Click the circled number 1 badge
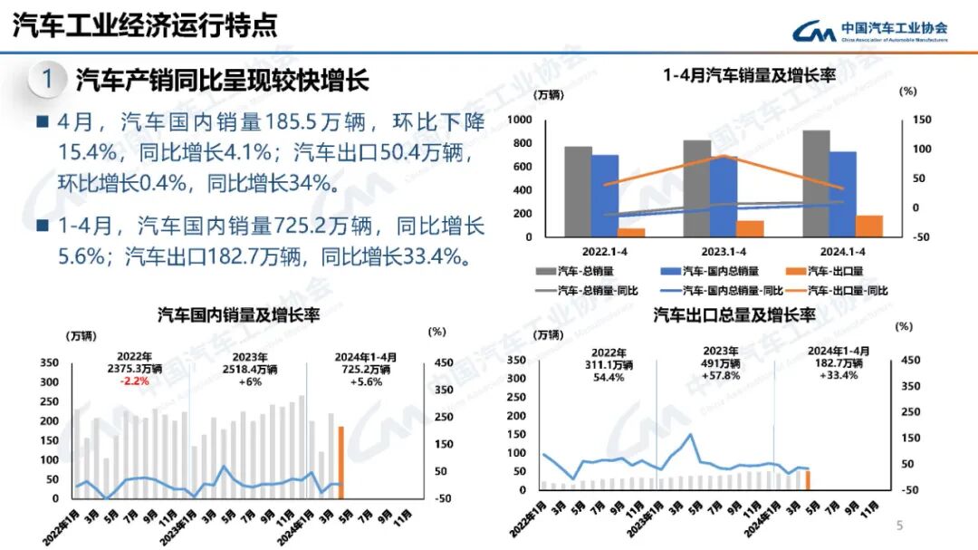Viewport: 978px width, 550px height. click(x=47, y=79)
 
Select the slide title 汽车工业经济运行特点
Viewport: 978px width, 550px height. click(x=145, y=25)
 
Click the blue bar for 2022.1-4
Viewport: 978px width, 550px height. click(x=605, y=195)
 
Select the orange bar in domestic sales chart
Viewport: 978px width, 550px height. click(x=341, y=461)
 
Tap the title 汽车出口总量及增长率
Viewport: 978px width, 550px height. click(x=734, y=315)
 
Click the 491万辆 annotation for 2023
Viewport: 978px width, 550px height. click(x=721, y=363)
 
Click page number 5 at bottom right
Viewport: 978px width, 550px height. click(x=899, y=526)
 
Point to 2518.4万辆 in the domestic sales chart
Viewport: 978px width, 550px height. click(x=249, y=370)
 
